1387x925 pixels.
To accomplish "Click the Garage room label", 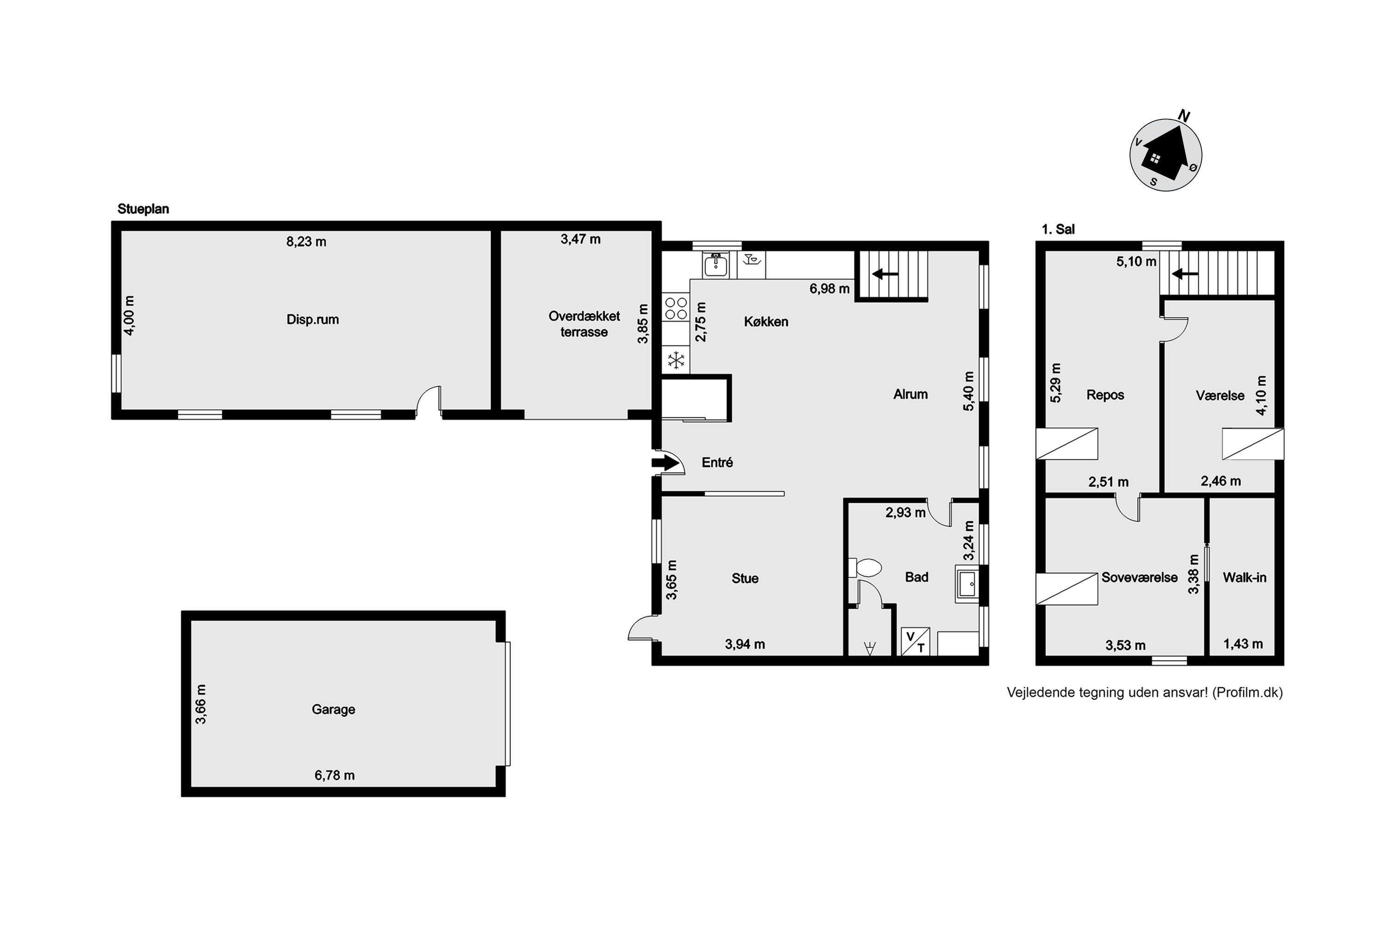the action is coord(333,709).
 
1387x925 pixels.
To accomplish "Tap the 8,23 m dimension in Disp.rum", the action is coord(306,241).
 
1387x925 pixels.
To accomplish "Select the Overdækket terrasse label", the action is coord(584,324).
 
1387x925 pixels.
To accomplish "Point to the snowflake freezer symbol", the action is coord(676,360).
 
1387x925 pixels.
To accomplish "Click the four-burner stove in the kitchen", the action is coord(676,308).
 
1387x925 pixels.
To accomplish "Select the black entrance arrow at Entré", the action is coord(665,462).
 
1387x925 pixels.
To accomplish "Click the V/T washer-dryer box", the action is coord(915,641).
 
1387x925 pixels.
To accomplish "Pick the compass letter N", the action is coord(1183,116).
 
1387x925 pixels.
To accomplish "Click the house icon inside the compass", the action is coord(1166,154).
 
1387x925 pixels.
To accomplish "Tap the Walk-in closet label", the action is coord(1244,578).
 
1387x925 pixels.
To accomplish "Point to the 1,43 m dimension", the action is coord(1243,644).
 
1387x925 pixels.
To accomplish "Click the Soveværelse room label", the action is coord(1139,578).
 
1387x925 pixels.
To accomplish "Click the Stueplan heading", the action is coord(143,209).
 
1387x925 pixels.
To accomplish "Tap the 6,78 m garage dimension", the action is coord(334,775).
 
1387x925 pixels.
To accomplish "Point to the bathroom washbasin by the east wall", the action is coord(967,584).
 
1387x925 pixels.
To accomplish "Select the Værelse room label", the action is coord(1220,395).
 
